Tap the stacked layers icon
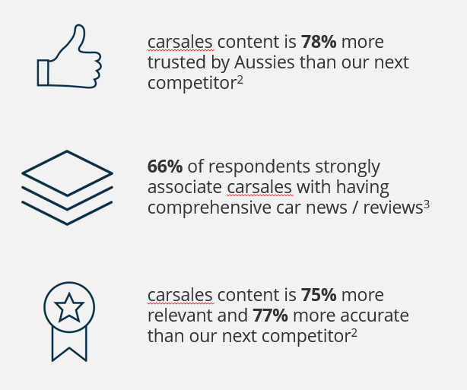pyautogui.click(x=67, y=187)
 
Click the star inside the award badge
pyautogui.click(x=69, y=308)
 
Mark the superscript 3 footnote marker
pyautogui.click(x=427, y=203)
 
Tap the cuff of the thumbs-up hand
pyautogui.click(x=43, y=72)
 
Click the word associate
pyautogui.click(x=184, y=187)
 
